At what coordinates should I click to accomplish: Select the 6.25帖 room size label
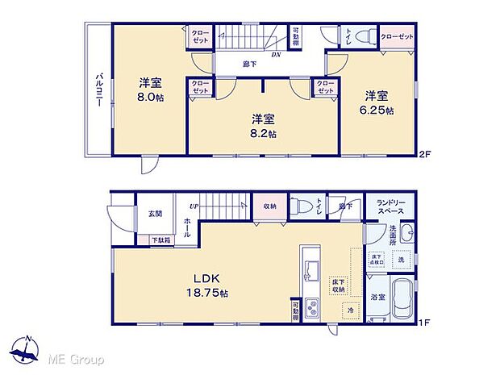click(378, 110)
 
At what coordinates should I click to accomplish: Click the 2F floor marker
click(427, 154)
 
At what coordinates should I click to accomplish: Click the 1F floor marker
click(426, 325)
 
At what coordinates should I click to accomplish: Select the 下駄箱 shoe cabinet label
click(160, 240)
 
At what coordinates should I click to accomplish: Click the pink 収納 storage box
click(269, 205)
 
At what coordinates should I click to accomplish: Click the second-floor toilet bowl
click(361, 36)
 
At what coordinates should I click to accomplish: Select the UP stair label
click(194, 206)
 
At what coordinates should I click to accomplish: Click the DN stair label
click(275, 56)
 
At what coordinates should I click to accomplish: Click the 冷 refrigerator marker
click(352, 308)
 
